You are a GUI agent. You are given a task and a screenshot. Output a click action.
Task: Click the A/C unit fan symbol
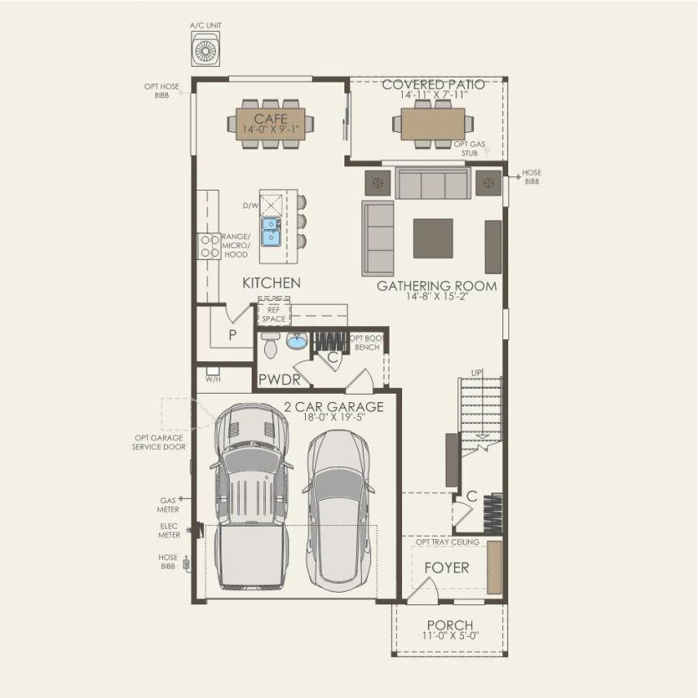click(206, 51)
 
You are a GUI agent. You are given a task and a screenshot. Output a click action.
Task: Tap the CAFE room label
click(271, 119)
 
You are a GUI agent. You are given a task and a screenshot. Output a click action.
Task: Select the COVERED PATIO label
click(433, 84)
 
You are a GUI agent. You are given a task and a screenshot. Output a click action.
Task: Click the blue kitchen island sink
click(271, 232)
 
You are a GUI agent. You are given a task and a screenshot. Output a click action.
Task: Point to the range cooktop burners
click(209, 246)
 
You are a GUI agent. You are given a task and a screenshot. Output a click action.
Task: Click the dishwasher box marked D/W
click(271, 205)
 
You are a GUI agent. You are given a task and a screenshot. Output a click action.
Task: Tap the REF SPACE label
click(274, 314)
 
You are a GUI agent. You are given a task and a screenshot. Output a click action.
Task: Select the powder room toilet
click(270, 345)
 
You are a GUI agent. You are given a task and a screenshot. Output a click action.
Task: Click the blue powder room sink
click(297, 341)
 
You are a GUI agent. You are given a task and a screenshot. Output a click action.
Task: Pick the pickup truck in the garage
click(251, 497)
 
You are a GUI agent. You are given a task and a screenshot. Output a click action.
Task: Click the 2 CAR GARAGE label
click(334, 407)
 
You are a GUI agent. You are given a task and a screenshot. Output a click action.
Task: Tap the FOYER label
click(446, 568)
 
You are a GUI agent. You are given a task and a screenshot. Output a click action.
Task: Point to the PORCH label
click(450, 625)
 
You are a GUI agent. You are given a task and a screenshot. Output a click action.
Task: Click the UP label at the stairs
click(476, 373)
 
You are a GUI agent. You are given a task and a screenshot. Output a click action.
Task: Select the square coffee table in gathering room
click(433, 238)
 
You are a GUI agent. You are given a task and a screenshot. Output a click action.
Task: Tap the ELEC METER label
click(169, 530)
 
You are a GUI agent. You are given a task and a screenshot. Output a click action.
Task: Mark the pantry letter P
click(232, 335)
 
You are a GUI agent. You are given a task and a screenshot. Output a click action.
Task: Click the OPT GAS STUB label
click(470, 149)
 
